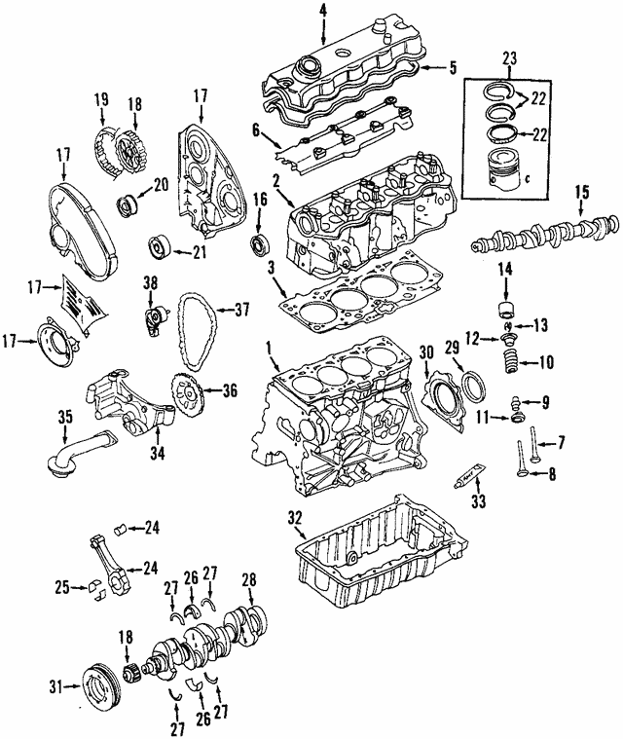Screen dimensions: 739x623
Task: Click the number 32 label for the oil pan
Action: point(295,517)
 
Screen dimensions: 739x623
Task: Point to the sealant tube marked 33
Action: point(471,476)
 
